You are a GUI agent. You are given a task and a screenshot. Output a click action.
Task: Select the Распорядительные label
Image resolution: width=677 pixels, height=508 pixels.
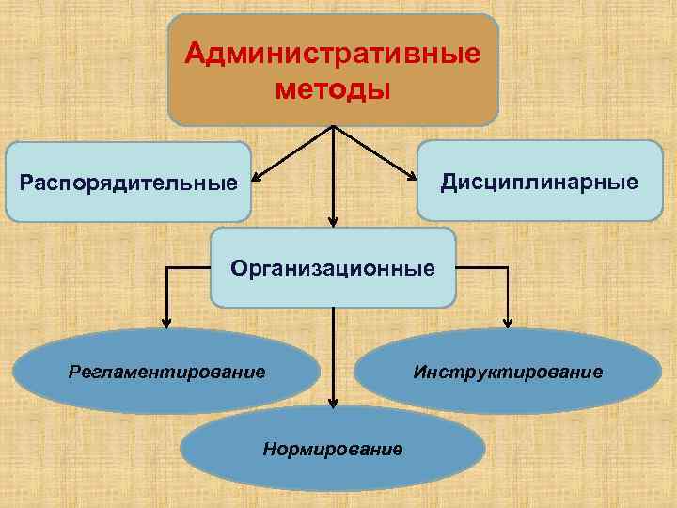pos(128,181)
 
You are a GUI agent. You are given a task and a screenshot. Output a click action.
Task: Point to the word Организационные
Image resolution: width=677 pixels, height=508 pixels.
pos(333,268)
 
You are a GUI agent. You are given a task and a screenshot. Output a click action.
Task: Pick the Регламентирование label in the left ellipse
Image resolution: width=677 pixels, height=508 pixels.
pos(167,372)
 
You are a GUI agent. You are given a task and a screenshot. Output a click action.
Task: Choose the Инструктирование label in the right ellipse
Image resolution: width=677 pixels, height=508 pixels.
pos(508,372)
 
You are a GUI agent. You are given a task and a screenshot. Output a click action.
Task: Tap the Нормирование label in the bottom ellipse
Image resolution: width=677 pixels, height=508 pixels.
pos(333,448)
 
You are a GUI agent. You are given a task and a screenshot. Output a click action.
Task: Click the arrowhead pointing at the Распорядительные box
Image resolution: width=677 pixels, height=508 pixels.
pos(258,175)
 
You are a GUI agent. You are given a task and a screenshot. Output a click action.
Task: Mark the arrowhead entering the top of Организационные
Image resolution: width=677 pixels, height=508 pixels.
pos(333,221)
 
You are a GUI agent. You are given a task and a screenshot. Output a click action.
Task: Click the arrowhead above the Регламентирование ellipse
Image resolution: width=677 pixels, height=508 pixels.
pos(167,322)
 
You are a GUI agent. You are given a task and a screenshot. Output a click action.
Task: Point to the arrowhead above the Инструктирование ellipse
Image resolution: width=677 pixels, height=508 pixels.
pos(508,322)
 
